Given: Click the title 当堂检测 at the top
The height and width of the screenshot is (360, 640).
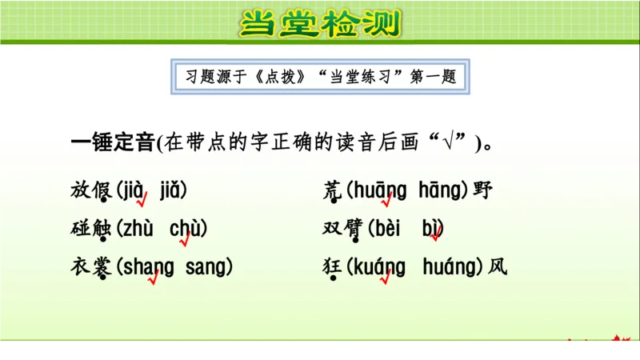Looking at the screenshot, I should coord(319,24).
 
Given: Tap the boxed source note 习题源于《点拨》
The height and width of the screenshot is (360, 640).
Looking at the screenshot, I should coord(320,78).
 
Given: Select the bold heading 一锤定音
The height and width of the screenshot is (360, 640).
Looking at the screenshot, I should coord(113,143).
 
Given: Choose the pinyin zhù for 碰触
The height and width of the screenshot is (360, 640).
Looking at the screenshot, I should coord(137,229).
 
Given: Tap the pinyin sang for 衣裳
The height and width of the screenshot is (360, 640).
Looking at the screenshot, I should coord(207,267).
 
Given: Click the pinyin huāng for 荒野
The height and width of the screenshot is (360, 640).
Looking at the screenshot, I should coord(380,190).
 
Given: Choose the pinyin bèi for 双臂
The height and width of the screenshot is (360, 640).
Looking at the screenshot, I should coord(390,229).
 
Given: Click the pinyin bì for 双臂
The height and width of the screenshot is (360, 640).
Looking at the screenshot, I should coord(432,229).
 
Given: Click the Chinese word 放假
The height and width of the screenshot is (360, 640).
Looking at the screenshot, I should coord(91,190).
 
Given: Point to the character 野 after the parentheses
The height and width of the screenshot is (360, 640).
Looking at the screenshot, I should coord(482,190).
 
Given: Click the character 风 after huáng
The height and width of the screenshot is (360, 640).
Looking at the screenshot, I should coord(498,267).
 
